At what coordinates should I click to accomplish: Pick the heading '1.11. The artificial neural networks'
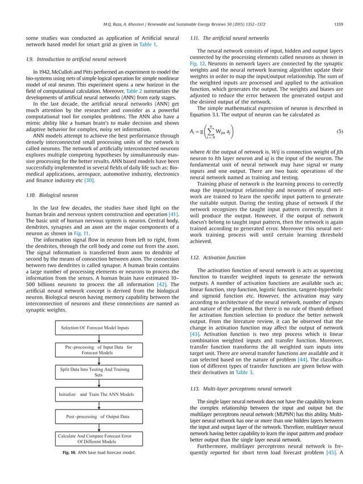click(x=226, y=37)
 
